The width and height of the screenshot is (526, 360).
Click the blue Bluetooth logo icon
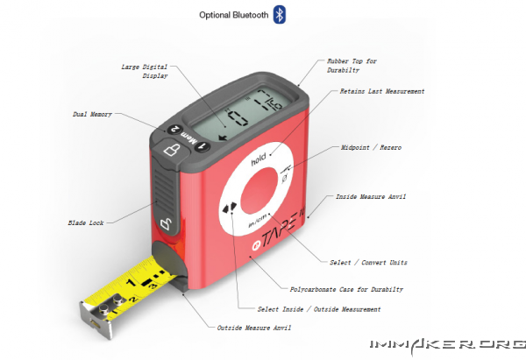coord(279,14)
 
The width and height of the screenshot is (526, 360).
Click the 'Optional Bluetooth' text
coord(234,15)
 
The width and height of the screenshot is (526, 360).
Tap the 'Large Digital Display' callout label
coord(145,71)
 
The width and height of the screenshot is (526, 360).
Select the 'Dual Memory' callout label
coord(92,114)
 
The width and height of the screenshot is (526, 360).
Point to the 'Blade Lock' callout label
coord(86,222)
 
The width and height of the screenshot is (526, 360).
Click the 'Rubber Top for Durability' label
coord(352,66)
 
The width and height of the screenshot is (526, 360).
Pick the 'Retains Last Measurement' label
coord(382,91)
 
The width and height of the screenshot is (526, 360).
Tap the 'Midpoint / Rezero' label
coord(371,147)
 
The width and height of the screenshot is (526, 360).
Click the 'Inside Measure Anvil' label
coord(371,197)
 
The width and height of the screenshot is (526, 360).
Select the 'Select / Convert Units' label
coord(368,263)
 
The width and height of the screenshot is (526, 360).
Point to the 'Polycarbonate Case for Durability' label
coord(346,289)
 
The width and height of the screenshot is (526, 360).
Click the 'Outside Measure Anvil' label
coord(254,328)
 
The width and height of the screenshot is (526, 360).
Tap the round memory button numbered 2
coord(174,129)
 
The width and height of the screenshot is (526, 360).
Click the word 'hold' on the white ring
coord(259,159)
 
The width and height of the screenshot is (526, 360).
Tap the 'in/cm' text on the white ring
coord(258,220)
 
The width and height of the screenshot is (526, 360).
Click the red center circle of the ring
coord(259,190)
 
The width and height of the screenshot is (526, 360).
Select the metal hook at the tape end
coord(96,317)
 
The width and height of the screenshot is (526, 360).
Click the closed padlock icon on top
coord(172,150)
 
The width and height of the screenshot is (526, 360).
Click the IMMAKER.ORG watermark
coord(448,345)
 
